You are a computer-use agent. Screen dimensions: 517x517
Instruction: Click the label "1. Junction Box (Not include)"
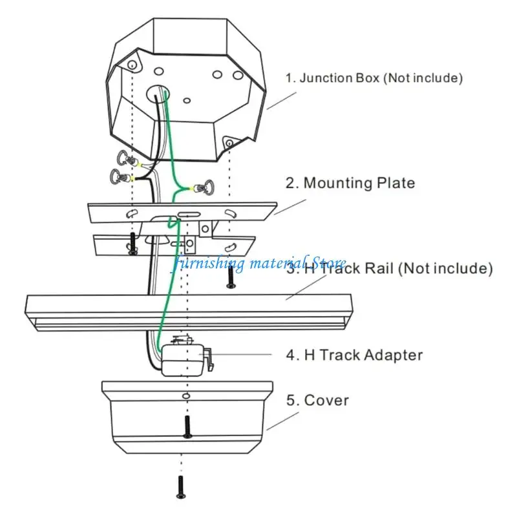pyautogui.click(x=374, y=78)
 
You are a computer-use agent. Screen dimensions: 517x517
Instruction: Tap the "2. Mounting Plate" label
pyautogui.click(x=350, y=183)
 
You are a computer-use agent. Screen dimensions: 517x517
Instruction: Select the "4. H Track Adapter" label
pyautogui.click(x=354, y=355)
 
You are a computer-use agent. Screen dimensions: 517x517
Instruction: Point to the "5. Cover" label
pyautogui.click(x=317, y=400)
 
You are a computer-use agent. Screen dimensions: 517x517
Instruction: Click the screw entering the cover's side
pyautogui.click(x=187, y=427)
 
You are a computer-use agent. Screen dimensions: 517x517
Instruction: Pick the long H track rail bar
pyautogui.click(x=187, y=312)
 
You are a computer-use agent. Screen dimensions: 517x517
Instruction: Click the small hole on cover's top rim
pyautogui.click(x=185, y=395)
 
